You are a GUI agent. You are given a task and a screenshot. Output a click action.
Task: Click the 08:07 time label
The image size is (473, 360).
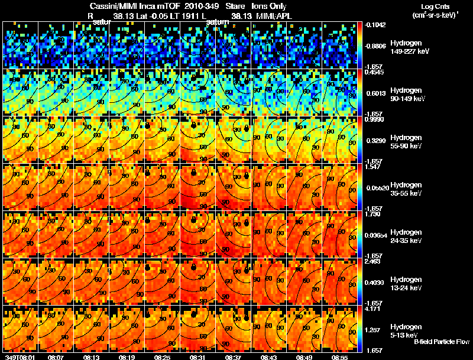tap(56, 357)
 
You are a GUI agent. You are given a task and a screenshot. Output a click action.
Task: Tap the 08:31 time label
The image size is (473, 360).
tap(198, 357)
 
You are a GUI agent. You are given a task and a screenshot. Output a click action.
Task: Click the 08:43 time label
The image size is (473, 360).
tap(269, 357)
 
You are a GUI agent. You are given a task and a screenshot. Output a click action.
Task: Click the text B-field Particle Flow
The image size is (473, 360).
tap(441, 342)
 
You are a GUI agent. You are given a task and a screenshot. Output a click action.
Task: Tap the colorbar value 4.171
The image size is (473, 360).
tap(371, 309)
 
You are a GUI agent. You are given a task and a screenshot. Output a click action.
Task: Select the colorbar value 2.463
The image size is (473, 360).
tap(371, 261)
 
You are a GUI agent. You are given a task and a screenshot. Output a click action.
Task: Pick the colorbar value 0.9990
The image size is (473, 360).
tap(372, 119)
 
